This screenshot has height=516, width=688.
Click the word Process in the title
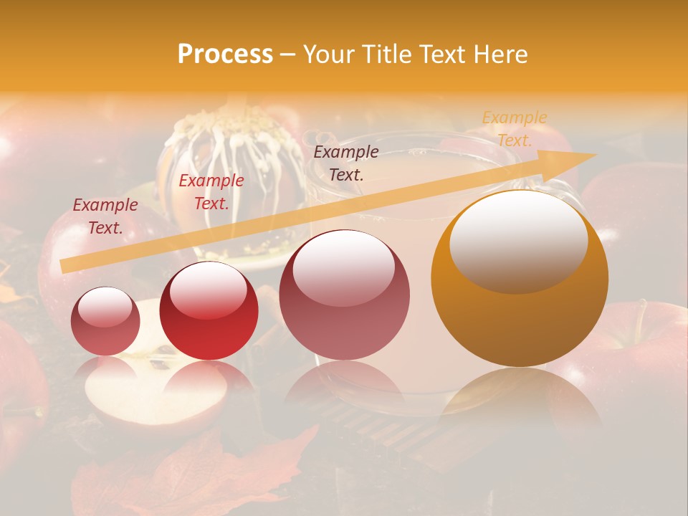[225, 54]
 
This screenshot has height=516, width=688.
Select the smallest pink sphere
[105, 322]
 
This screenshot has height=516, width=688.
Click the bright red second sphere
[209, 311]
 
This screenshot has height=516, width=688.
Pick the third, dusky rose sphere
[344, 295]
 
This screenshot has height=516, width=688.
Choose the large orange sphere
[520, 279]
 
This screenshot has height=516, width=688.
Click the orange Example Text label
[515, 129]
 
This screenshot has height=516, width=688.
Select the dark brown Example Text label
[346, 163]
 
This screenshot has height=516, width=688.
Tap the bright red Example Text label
[211, 192]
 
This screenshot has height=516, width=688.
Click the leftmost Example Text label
[105, 216]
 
